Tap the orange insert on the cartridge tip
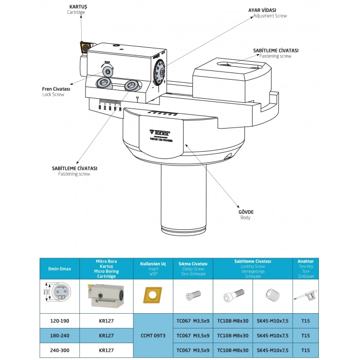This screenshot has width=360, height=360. tap(84, 47)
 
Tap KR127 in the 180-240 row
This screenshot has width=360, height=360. tap(106, 335)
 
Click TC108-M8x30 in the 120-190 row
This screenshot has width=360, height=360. tap(233, 320)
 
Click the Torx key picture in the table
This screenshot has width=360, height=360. tap(305, 296)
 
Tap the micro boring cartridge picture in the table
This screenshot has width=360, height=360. tap(106, 296)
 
